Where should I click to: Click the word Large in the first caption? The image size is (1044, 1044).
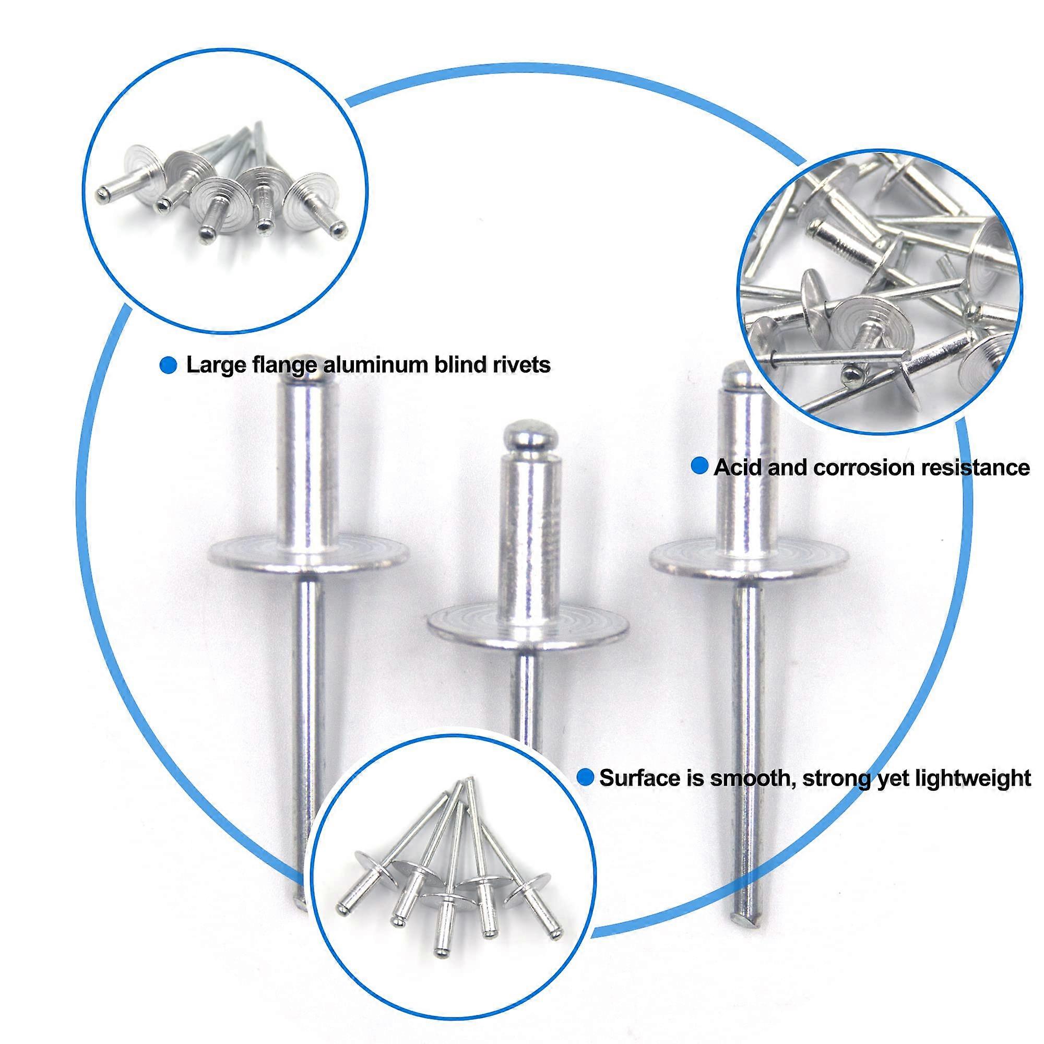212,365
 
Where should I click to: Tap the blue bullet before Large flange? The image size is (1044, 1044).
169,365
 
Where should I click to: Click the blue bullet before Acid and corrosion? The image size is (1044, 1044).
701,466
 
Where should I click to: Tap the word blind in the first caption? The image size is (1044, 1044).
461,365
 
